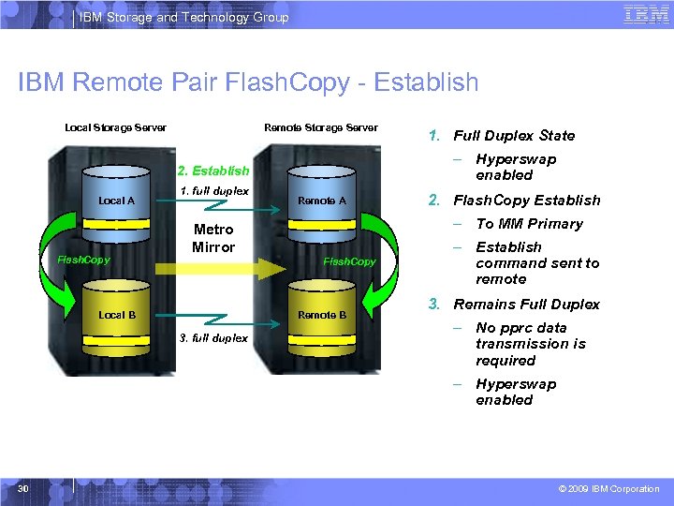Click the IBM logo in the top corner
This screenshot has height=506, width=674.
645,15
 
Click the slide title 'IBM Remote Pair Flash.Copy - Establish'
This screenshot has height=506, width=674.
248,82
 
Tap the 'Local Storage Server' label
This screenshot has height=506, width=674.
115,127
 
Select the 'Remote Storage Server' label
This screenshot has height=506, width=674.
321,127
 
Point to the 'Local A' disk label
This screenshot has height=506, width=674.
117,201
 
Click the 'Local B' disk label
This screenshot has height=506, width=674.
117,315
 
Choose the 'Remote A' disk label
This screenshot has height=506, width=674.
321,201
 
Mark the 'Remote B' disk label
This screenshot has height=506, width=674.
321,315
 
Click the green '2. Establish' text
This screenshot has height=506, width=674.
214,171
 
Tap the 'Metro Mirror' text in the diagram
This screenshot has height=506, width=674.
213,238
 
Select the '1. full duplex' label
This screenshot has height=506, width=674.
214,191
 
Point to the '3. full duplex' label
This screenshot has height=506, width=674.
214,337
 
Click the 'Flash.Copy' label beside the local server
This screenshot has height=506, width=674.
84,260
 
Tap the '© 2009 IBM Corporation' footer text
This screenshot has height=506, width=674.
608,489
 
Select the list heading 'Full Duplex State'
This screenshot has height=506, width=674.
514,136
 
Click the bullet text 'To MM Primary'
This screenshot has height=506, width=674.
529,224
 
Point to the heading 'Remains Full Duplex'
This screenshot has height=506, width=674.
526,305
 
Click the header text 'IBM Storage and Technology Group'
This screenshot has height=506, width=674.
183,17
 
